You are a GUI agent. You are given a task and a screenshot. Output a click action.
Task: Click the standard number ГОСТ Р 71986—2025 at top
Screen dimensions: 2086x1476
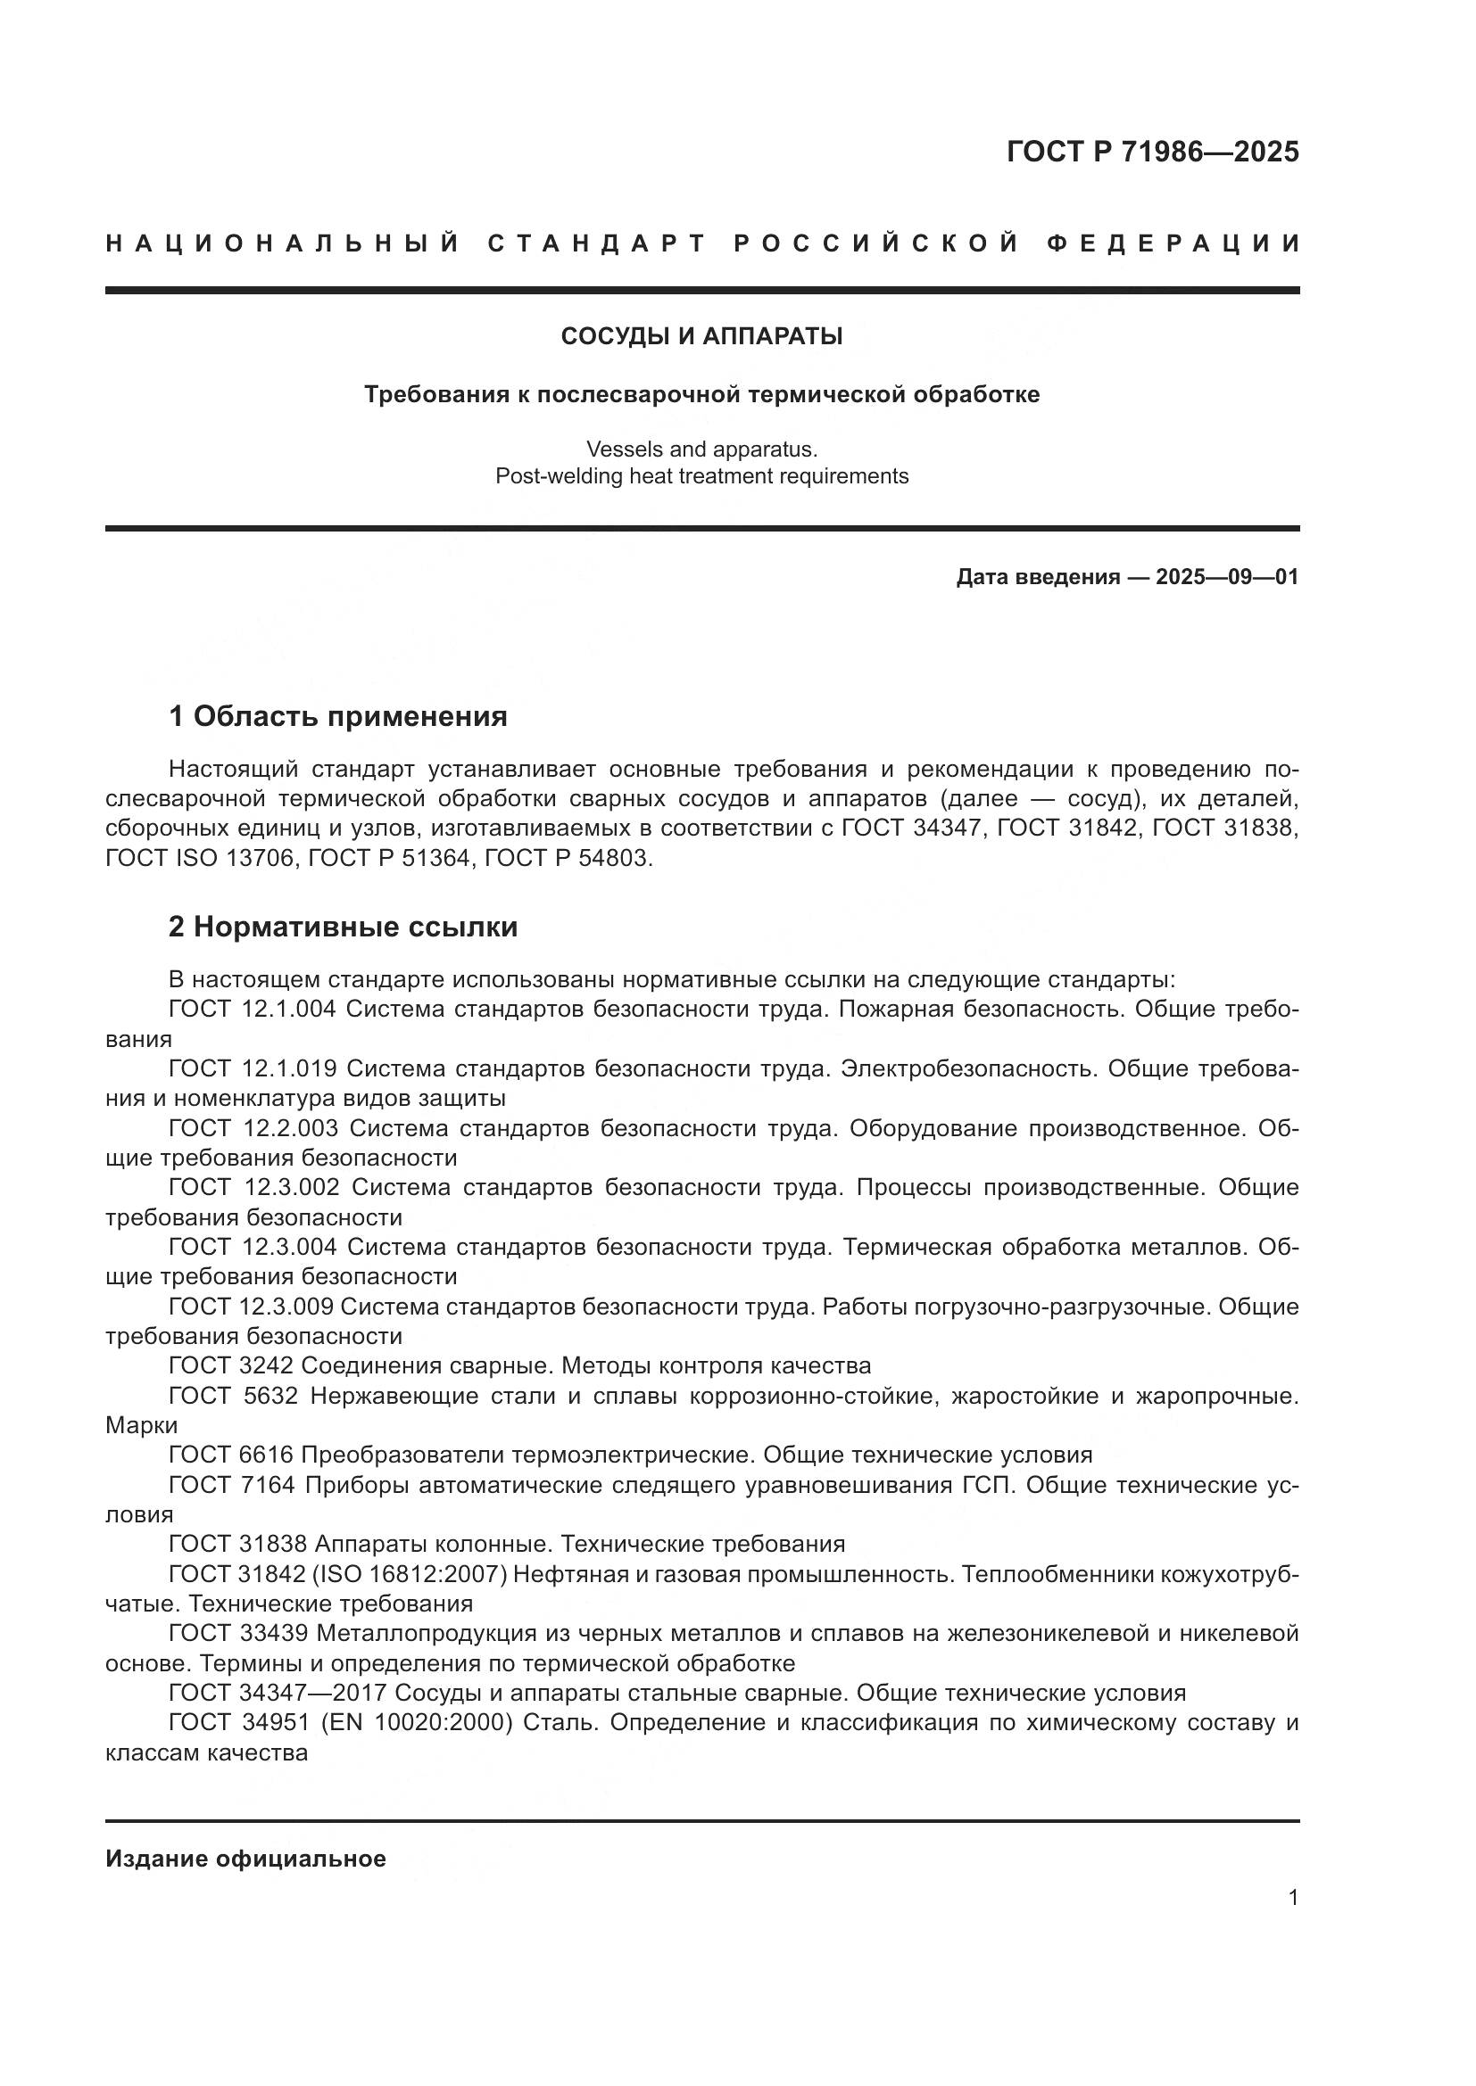(1151, 152)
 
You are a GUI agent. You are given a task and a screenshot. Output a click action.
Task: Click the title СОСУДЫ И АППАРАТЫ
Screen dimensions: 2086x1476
(701, 336)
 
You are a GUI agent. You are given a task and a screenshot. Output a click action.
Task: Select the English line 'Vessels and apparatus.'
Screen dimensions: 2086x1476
(701, 449)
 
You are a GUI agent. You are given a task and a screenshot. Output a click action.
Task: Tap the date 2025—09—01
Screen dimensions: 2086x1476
(1226, 577)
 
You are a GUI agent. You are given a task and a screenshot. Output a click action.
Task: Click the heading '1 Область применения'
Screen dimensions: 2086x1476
(337, 717)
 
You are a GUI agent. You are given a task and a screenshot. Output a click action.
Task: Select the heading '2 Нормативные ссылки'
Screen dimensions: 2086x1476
(343, 927)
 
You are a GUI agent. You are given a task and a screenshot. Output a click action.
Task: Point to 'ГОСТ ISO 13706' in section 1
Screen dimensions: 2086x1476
(202, 859)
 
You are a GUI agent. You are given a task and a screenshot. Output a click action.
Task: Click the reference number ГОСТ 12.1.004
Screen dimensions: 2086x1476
(253, 1010)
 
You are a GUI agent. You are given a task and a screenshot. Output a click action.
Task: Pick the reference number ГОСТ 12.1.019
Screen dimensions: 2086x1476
(253, 1068)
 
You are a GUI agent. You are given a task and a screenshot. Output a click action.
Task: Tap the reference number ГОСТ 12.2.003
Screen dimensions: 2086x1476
(253, 1128)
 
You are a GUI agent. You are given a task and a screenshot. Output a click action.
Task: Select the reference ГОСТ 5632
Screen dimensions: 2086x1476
(233, 1396)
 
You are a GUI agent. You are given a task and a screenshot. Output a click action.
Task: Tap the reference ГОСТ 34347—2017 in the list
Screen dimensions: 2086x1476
(278, 1693)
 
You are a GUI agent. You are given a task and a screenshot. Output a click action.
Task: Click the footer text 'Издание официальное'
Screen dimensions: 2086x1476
(245, 1859)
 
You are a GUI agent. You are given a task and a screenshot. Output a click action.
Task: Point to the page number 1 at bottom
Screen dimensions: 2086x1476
(1292, 1898)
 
